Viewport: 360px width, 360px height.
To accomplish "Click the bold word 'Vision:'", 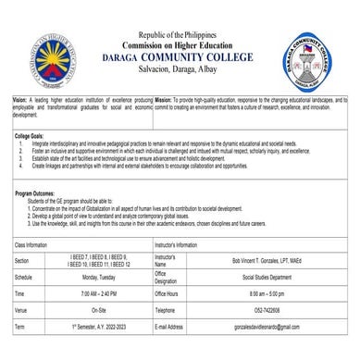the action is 20,97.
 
